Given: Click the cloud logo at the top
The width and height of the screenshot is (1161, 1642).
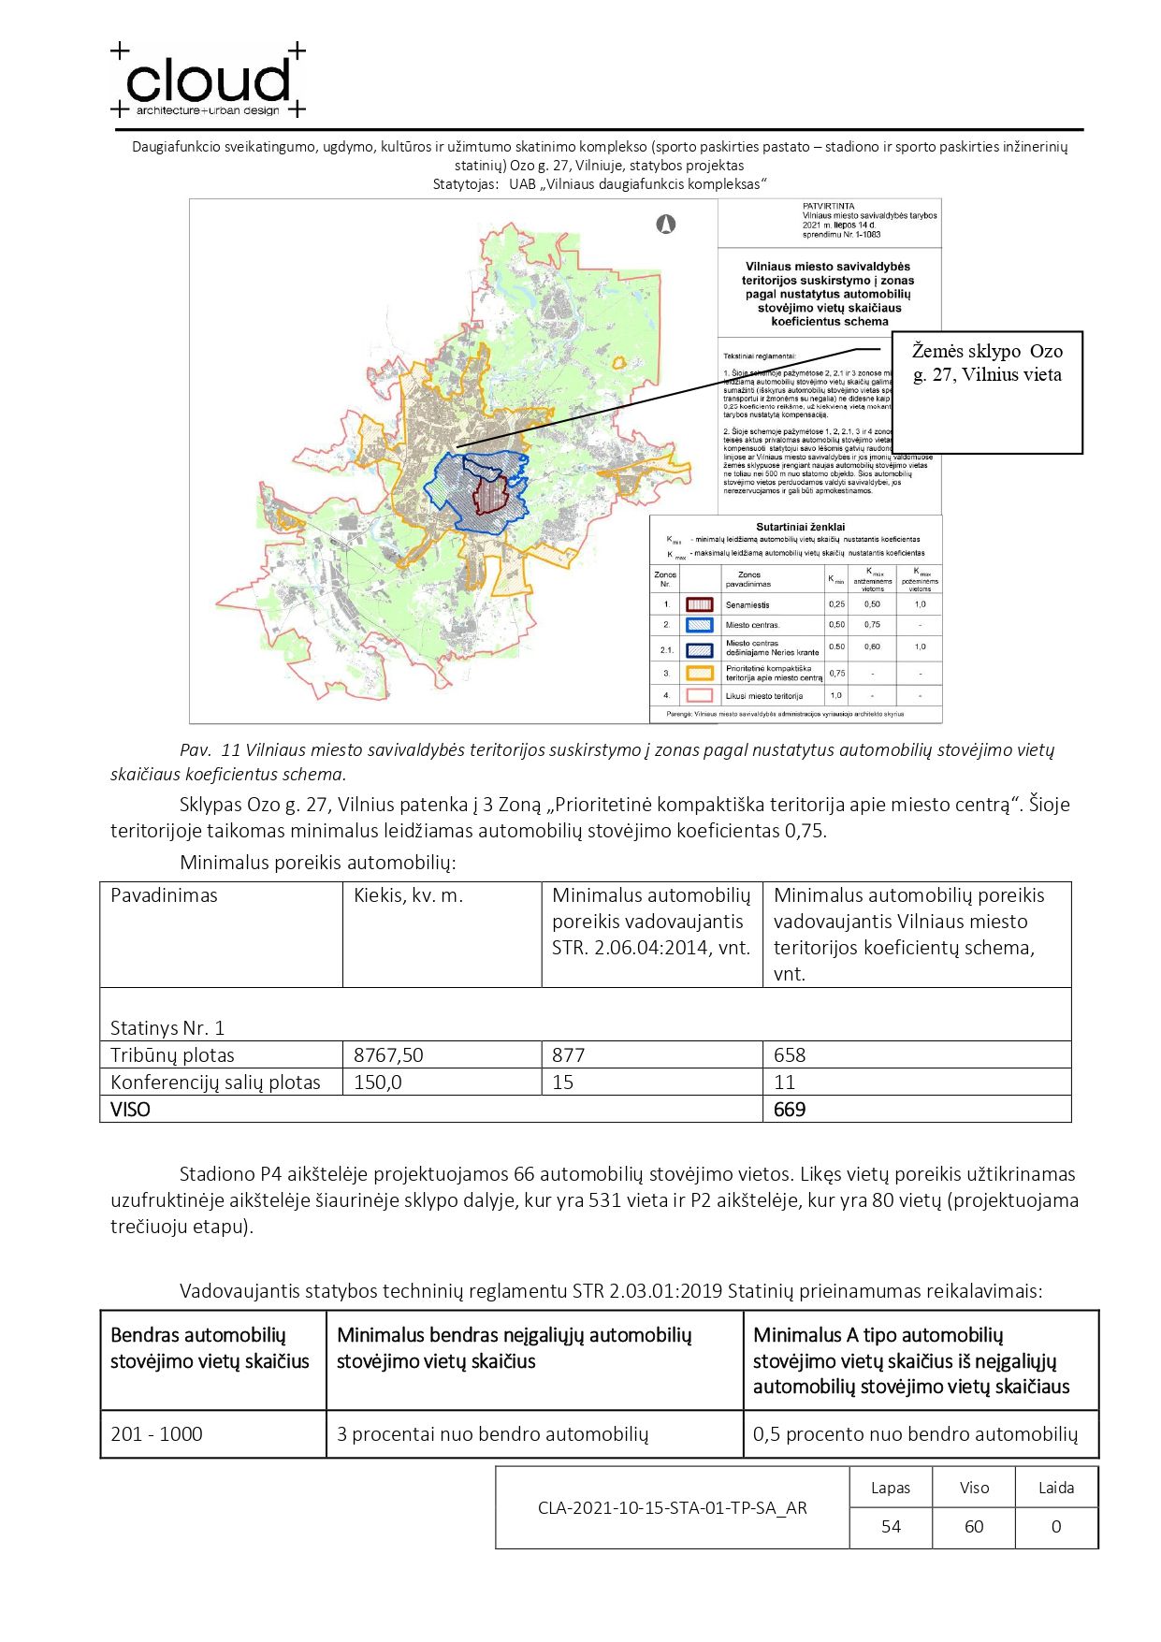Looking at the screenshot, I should tap(208, 81).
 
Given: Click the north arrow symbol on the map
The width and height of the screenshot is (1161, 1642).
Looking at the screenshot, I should tap(666, 225).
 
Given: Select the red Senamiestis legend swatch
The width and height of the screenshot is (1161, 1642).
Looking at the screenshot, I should tap(700, 604).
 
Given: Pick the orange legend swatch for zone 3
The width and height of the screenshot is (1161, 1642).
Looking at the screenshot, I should tap(700, 673).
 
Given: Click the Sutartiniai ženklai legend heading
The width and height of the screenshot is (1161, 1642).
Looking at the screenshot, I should tap(800, 527).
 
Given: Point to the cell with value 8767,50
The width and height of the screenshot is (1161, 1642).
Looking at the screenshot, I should tap(388, 1055).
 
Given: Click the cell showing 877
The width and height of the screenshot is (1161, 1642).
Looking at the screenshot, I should tap(568, 1055).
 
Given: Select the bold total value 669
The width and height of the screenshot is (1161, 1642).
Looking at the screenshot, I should tap(790, 1110).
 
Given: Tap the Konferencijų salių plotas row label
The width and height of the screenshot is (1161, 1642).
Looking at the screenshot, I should tap(215, 1083).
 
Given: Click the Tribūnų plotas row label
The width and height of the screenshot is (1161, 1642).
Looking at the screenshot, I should tap(172, 1055).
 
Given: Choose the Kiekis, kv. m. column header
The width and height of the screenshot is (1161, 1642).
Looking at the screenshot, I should tap(408, 895).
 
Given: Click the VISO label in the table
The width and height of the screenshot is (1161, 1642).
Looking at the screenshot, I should tap(130, 1110).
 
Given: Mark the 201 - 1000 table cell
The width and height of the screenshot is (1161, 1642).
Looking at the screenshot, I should tap(156, 1434).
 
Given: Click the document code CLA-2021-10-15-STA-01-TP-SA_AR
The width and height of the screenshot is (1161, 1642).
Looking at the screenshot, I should tap(672, 1507).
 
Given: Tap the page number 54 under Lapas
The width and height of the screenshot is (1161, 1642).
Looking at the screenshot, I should tap(891, 1527).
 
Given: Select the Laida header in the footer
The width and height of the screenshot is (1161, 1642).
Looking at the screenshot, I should tap(1056, 1488).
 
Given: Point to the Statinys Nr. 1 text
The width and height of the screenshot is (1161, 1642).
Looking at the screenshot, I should tap(167, 1028).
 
